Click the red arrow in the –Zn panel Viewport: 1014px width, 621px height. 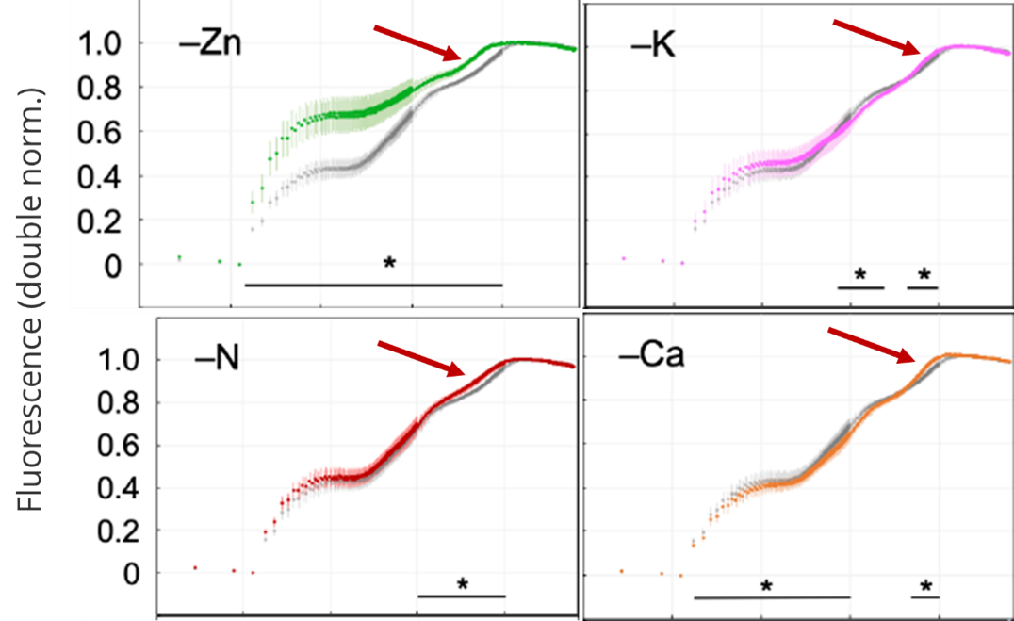point(416,41)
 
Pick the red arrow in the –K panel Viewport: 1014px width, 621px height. point(876,38)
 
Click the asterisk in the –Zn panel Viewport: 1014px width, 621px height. point(388,262)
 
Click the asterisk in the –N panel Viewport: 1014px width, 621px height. point(463,584)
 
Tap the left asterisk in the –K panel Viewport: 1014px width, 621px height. point(860,274)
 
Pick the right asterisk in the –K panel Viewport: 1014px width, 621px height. point(924,274)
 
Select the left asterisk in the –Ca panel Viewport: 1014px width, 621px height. point(767,586)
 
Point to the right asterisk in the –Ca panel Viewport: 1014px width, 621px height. point(926,586)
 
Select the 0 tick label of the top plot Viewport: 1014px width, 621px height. point(113,266)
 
